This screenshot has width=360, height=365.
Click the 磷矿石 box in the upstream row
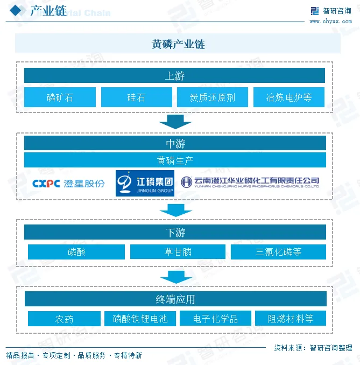(60, 97)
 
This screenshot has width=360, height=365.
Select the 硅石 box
(136, 97)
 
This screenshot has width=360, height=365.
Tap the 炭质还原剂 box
(213, 97)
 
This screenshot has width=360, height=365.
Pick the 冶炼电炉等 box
(289, 97)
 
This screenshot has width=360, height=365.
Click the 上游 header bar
(175, 75)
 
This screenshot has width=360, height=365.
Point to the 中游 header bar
(175, 143)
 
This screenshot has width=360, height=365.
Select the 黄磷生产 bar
(175, 160)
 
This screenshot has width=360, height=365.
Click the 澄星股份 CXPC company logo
(68, 183)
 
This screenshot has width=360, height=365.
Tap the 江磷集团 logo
(145, 183)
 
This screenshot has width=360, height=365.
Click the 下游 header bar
(175, 232)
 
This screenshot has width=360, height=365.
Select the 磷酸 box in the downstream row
(76, 252)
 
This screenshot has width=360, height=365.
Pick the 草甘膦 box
(178, 252)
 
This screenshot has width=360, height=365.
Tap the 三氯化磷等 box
(278, 252)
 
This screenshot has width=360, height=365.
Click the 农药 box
(64, 319)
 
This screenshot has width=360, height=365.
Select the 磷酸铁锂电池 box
(140, 319)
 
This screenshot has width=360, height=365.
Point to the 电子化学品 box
(215, 319)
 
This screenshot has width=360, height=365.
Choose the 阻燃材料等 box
(291, 319)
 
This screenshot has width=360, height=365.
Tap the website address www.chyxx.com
(330, 22)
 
